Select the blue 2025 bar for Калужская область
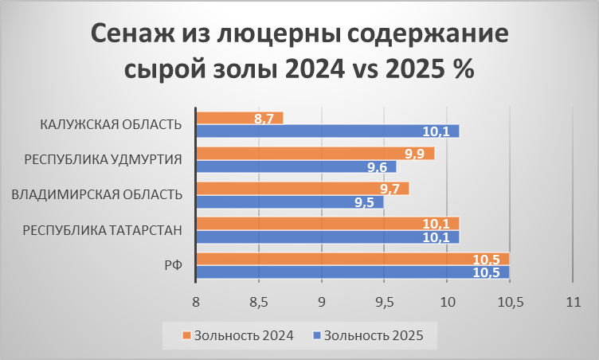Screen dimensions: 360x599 [327, 131]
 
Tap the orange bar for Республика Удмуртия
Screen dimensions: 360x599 [315, 153]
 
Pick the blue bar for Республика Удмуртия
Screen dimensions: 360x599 [295, 166]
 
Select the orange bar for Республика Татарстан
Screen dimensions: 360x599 [327, 223]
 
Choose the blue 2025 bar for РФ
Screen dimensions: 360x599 [350, 272]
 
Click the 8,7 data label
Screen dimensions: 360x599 [264, 119]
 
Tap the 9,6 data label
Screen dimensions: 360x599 [377, 167]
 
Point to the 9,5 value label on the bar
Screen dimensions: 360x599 [364, 202]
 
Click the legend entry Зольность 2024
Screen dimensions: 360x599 [240, 335]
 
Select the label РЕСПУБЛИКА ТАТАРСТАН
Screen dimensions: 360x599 [103, 229]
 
